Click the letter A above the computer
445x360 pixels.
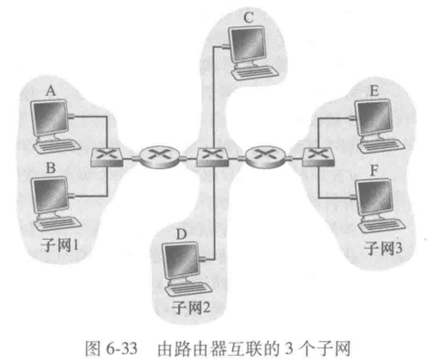(x=50, y=91)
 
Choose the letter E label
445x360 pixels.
(x=373, y=91)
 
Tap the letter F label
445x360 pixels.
(x=373, y=169)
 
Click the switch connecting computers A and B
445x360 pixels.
(x=107, y=156)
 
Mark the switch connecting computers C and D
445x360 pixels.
(x=212, y=156)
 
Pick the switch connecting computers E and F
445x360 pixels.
(x=317, y=156)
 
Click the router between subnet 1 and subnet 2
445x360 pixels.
(x=159, y=155)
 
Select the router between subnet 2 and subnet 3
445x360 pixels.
(x=264, y=155)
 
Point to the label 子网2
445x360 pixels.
(x=191, y=308)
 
